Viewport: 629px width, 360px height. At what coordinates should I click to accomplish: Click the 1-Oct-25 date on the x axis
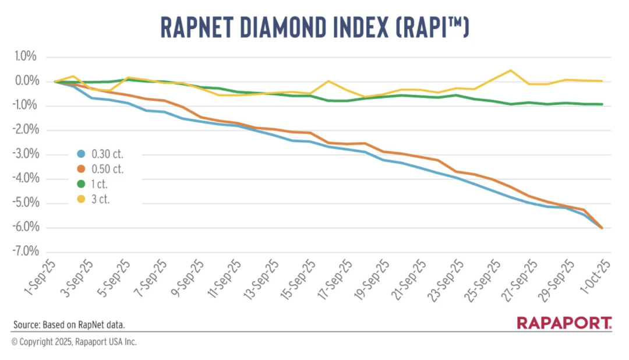pos(597,278)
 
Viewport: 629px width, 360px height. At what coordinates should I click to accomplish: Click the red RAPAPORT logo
pos(564,323)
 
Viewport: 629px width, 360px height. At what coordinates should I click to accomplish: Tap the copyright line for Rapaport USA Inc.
pos(74,342)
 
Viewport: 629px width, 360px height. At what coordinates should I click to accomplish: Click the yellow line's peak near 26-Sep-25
pos(511,70)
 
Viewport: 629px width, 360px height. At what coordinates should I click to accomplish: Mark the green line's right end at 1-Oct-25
pos(602,104)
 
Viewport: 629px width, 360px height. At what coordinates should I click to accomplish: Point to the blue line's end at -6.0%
pos(602,228)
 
